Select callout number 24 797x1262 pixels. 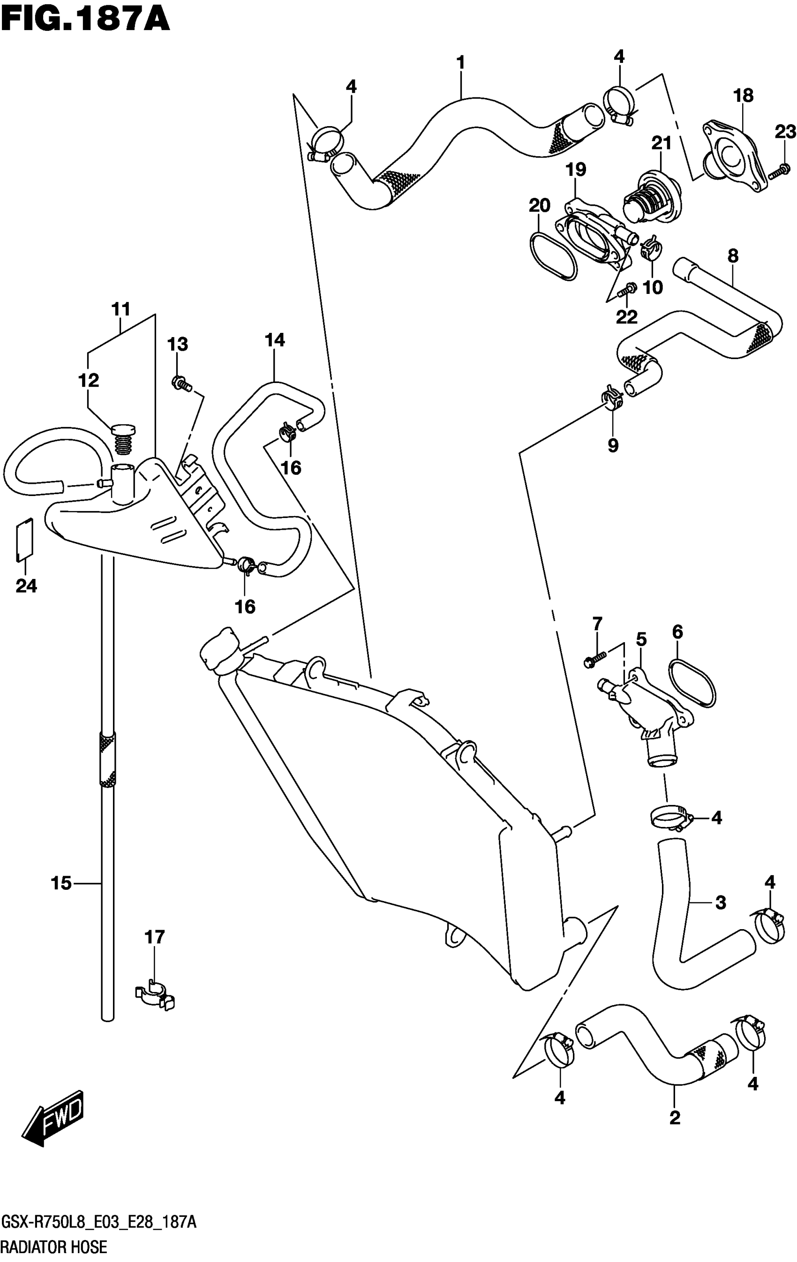pyautogui.click(x=26, y=586)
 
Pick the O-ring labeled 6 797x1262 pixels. pyautogui.click(x=692, y=684)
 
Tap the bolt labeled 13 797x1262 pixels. pyautogui.click(x=181, y=384)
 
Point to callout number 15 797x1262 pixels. pyautogui.click(x=61, y=883)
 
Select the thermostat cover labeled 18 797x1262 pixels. pyautogui.click(x=734, y=157)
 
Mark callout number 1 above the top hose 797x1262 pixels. pyautogui.click(x=460, y=63)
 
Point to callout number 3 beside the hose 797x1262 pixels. pyautogui.click(x=721, y=902)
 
